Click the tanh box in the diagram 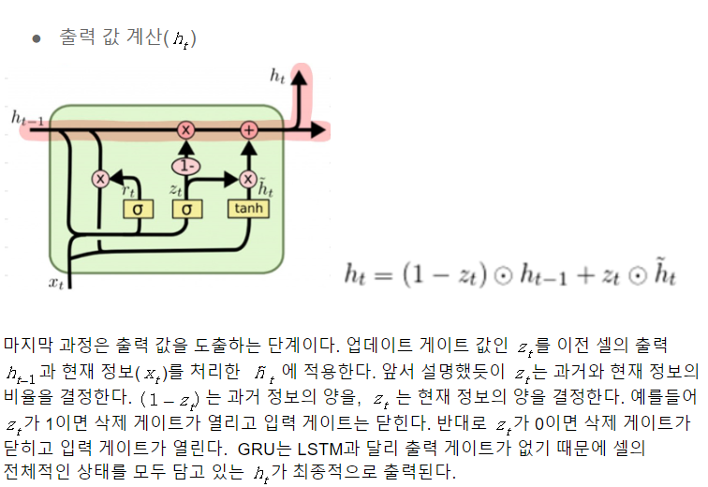coord(247,209)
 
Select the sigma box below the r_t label coord(137,209)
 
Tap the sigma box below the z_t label coord(186,209)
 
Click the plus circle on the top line coord(248,130)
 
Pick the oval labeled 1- coord(185,166)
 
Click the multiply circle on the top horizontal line coord(185,130)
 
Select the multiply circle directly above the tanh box coord(247,178)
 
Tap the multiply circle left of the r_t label coord(100,178)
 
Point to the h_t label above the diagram coord(277,77)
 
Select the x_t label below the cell coord(58,280)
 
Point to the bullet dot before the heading coord(37,38)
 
